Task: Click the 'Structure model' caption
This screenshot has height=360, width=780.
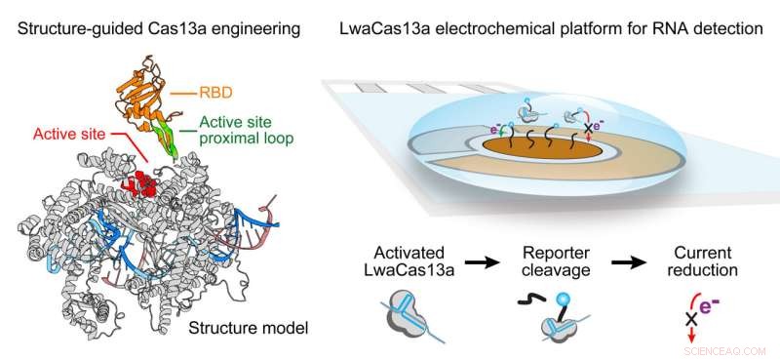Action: [250, 329]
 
